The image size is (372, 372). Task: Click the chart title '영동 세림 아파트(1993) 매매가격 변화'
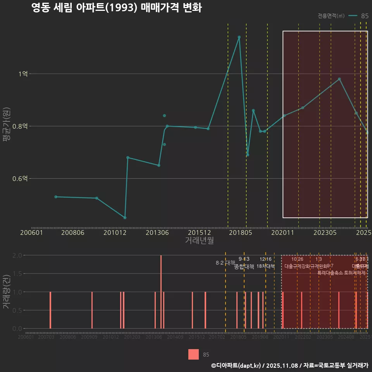point(116,8)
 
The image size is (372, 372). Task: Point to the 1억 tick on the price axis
point(23,74)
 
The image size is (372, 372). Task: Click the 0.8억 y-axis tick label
point(20,126)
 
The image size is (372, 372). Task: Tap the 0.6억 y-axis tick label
point(20,179)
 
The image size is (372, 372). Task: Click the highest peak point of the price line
point(239,37)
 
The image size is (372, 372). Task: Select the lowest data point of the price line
point(125,218)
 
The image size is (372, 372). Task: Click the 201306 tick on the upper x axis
point(157,233)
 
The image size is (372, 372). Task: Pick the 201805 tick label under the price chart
point(240,233)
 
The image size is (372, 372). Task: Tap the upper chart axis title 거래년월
point(199,240)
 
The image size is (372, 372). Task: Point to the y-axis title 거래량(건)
point(7,292)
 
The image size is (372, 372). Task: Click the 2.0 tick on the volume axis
point(17,255)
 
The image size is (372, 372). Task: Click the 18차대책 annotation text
point(265,266)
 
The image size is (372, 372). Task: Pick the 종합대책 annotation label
point(244,266)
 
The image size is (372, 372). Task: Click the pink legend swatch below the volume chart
point(193,355)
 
